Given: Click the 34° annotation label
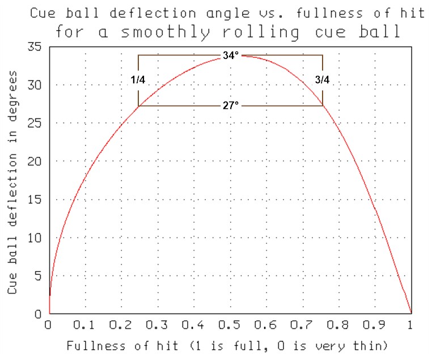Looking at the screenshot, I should point(230,56).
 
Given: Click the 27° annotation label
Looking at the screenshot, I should point(230,105).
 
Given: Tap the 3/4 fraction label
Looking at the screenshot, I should point(322,80).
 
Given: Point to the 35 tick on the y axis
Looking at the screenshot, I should point(35,47).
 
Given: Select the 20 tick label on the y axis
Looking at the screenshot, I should point(35,162).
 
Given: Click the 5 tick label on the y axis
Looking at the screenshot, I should point(39,276).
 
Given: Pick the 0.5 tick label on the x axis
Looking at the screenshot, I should point(230,325).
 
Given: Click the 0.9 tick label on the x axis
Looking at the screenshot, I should point(374,325).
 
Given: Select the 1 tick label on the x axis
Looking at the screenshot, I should point(411,325).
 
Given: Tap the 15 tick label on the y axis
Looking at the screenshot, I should point(35,200).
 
